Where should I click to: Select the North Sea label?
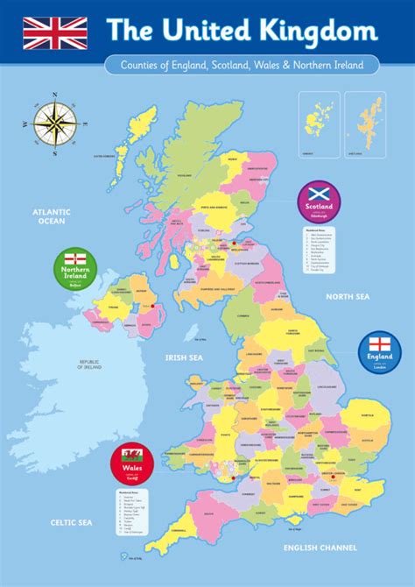point(348,297)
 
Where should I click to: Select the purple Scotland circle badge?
point(319,202)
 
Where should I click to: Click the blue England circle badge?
point(378,353)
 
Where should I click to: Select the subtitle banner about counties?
point(241,65)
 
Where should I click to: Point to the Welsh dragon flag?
point(132,455)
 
